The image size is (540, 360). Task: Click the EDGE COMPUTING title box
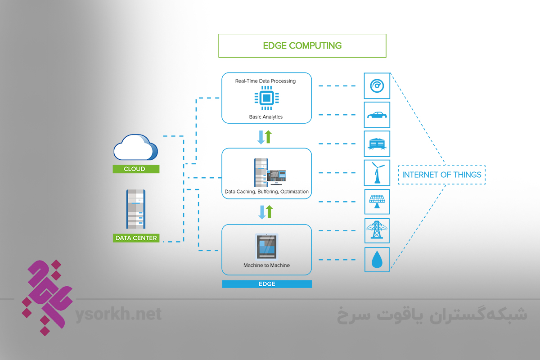click(x=302, y=45)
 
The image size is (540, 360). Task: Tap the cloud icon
click(x=135, y=149)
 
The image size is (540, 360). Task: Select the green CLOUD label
click(x=136, y=169)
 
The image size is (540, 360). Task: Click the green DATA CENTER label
click(x=136, y=238)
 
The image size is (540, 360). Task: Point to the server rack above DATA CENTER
click(x=135, y=209)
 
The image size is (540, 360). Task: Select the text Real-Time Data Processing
click(x=265, y=81)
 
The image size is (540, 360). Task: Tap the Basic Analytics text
click(x=266, y=117)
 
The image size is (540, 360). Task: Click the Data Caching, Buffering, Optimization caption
click(x=266, y=192)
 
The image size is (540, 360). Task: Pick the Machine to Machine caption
click(x=266, y=265)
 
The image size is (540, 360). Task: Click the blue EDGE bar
click(x=266, y=284)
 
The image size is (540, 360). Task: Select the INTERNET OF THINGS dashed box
click(x=441, y=175)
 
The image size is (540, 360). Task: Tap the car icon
click(x=377, y=115)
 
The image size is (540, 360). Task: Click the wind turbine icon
click(x=377, y=173)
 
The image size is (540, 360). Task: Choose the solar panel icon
click(x=377, y=202)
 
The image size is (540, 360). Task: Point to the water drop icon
click(x=377, y=260)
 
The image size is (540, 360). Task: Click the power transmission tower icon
click(x=377, y=230)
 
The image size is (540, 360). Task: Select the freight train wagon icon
click(x=377, y=144)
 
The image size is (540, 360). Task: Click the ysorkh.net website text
click(x=119, y=314)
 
